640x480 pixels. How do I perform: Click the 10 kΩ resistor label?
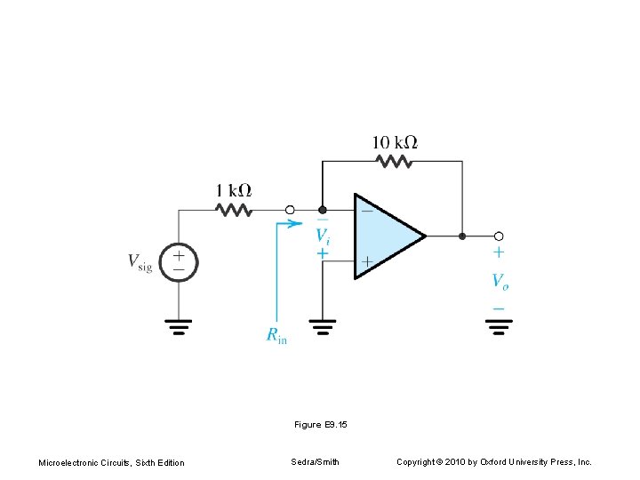396,142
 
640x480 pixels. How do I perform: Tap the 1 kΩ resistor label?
234,190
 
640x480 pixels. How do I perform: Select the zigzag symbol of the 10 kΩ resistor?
394,161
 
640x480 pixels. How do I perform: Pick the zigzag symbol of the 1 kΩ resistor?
234,210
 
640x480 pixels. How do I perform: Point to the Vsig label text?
140,261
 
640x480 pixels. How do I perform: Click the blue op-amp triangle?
387,236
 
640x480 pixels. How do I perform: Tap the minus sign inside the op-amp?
365,211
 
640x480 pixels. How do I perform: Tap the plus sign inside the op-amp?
365,262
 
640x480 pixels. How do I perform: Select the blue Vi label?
323,236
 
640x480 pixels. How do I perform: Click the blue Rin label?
276,335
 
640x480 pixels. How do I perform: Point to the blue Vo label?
500,281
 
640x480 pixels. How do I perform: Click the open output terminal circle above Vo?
499,236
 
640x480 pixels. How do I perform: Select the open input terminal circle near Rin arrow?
290,211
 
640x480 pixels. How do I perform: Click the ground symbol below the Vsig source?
179,327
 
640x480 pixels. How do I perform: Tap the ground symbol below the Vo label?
500,327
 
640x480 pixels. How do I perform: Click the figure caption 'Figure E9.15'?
320,425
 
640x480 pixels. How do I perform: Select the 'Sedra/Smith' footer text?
315,462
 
